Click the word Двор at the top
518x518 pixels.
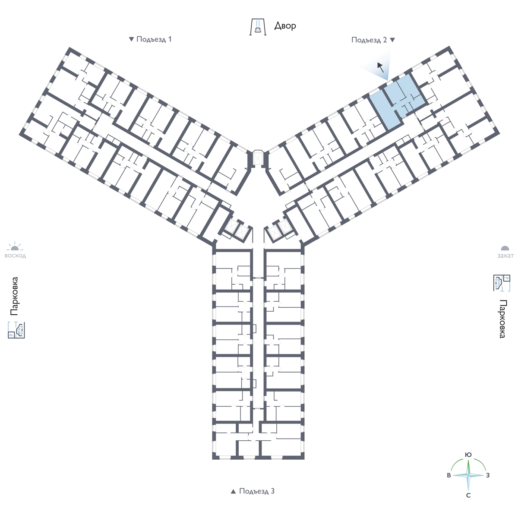[x=285, y=26]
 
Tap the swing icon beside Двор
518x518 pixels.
[x=258, y=27]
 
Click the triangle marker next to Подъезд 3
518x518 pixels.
[x=234, y=491]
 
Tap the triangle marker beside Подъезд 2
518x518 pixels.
[x=392, y=40]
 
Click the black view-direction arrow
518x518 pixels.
[x=380, y=67]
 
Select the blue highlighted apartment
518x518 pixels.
[x=395, y=102]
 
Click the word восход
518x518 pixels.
[x=15, y=256]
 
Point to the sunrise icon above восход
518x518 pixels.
[x=15, y=246]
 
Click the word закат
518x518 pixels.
[x=505, y=256]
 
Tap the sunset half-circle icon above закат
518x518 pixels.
[x=505, y=248]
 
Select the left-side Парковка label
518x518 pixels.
[x=14, y=296]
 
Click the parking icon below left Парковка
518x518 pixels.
[x=16, y=330]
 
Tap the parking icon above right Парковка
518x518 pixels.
[x=502, y=283]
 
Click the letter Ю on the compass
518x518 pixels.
[x=468, y=455]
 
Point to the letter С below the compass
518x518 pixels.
[x=468, y=496]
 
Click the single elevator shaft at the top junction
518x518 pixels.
[x=258, y=158]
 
